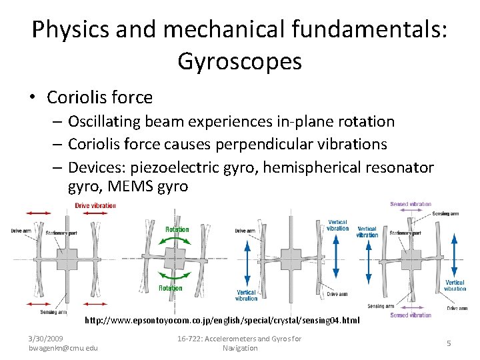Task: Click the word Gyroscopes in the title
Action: click(x=239, y=61)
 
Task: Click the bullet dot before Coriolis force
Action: click(x=32, y=98)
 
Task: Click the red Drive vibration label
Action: click(x=95, y=205)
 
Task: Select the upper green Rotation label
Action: click(x=177, y=229)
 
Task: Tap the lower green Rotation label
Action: click(x=170, y=288)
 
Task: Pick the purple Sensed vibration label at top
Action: click(x=410, y=204)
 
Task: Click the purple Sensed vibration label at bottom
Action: click(x=410, y=315)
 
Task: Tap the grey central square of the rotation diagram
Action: click(x=177, y=259)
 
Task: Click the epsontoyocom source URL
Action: click(x=222, y=321)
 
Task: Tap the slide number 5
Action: click(x=449, y=343)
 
